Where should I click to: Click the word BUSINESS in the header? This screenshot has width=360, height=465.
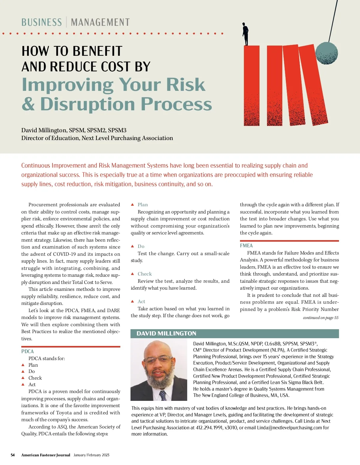pyautogui.click(x=41, y=22)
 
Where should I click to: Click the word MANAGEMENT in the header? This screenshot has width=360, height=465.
pyautogui.click(x=100, y=22)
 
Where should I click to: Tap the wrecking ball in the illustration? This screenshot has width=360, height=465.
pyautogui.click(x=326, y=53)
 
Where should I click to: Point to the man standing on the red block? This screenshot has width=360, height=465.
pyautogui.click(x=245, y=34)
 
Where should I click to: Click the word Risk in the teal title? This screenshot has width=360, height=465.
pyautogui.click(x=185, y=85)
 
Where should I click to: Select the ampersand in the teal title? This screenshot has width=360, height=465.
pyautogui.click(x=28, y=104)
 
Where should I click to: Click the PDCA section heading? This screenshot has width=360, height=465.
pyautogui.click(x=28, y=351)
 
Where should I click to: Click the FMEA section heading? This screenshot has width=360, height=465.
pyautogui.click(x=246, y=246)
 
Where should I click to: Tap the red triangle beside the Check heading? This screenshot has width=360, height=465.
pyautogui.click(x=133, y=274)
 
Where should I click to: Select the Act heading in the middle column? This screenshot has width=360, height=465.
pyautogui.click(x=141, y=302)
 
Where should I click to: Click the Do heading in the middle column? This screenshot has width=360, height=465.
pyautogui.click(x=141, y=246)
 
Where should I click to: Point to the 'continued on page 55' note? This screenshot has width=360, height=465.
pyautogui.click(x=320, y=318)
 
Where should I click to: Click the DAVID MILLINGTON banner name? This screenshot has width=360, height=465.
pyautogui.click(x=166, y=334)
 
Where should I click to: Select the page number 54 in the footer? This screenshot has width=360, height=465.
pyautogui.click(x=13, y=455)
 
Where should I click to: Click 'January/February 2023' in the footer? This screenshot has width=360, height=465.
pyautogui.click(x=91, y=455)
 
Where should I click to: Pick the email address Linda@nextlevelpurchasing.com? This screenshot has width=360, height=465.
pyautogui.click(x=289, y=428)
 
